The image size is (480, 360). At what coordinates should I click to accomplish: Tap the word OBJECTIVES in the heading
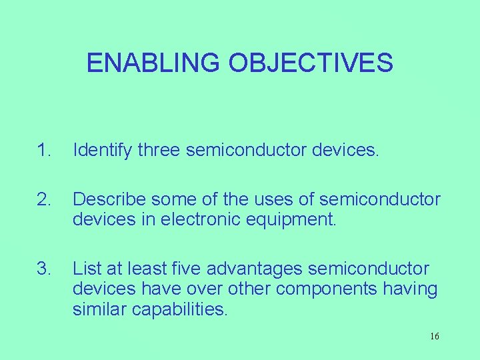(311, 63)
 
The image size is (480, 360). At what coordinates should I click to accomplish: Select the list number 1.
(43, 151)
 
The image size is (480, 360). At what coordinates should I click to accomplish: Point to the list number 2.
(43, 199)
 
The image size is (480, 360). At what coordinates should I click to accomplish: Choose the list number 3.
(43, 269)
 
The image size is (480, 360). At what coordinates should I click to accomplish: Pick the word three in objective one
(159, 151)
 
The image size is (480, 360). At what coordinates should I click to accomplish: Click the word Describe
(110, 199)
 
